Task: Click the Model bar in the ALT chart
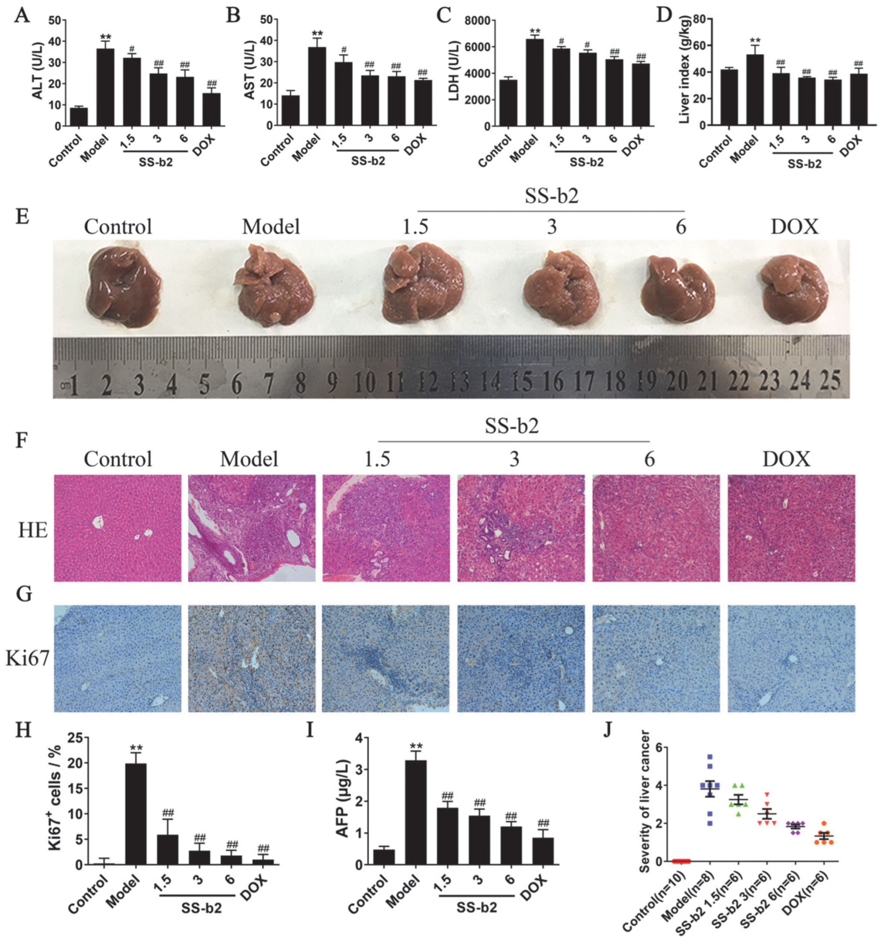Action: [105, 87]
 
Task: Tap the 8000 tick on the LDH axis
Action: [477, 20]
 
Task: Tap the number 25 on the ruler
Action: [830, 380]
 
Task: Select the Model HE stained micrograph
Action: [251, 528]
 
